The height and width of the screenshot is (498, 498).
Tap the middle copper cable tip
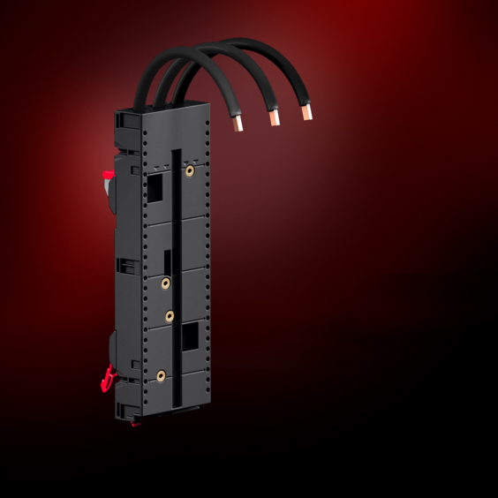click(274, 119)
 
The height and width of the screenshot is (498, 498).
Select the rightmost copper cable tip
click(306, 113)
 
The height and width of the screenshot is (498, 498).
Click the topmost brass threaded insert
click(189, 172)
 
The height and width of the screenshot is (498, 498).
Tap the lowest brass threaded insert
click(161, 374)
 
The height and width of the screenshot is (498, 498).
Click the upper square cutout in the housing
click(155, 185)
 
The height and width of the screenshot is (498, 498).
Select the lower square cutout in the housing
click(190, 336)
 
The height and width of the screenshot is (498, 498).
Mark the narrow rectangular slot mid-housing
click(166, 261)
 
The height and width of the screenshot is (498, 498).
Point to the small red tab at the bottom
click(134, 423)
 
